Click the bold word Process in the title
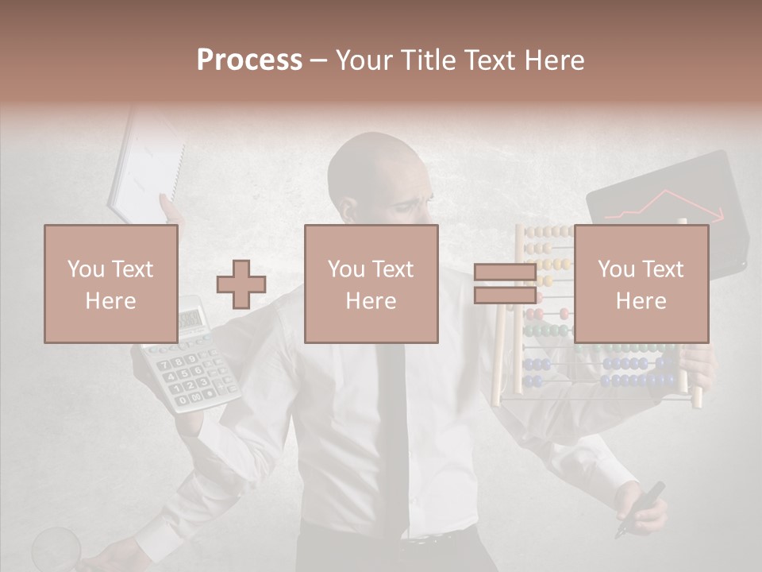[249, 60]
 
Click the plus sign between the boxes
[241, 284]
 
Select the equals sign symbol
[505, 284]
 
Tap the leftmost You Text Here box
[110, 284]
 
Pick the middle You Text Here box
[371, 284]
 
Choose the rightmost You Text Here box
[641, 284]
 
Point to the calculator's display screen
[190, 320]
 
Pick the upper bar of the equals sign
[505, 272]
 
